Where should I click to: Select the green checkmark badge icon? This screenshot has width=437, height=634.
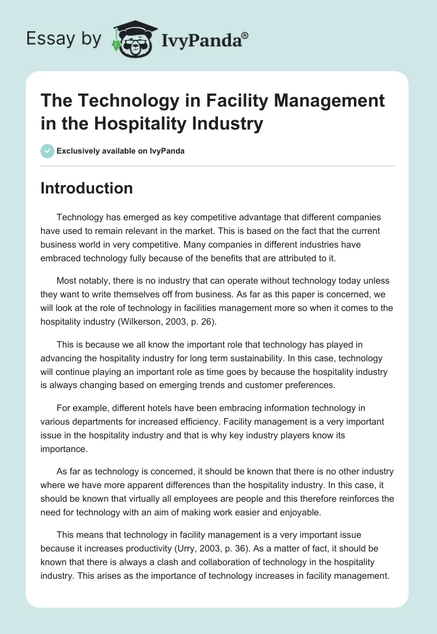point(48,150)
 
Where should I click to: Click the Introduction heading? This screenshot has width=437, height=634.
point(87,188)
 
